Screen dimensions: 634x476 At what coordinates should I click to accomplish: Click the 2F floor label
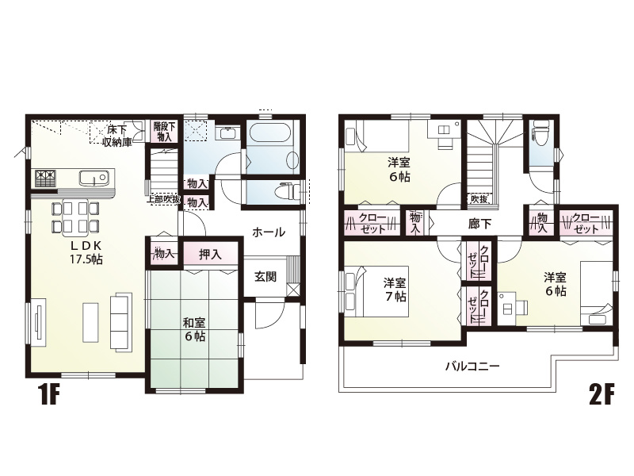point(602,393)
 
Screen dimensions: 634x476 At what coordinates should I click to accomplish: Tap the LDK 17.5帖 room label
point(86,252)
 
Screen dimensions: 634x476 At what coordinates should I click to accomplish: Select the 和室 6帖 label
point(194,329)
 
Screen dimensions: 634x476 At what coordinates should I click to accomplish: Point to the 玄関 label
point(265,277)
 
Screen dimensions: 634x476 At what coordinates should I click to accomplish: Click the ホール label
point(269,232)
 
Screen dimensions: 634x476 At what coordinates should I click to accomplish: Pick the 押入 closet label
point(210,254)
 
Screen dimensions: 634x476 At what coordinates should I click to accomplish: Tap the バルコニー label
point(472,367)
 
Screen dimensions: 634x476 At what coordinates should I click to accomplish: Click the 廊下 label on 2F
point(479,224)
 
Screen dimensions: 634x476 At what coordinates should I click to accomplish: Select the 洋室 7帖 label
point(395,289)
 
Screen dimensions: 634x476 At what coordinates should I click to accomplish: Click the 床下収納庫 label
point(117,136)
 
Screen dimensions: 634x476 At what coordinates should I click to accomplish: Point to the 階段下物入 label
point(165,132)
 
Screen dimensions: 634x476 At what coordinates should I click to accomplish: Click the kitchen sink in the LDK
point(94,178)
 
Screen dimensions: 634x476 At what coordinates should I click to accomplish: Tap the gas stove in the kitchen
point(45,178)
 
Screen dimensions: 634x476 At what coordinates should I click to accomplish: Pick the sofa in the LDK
point(121,321)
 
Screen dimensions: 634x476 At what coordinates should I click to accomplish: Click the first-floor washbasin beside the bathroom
point(228,133)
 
